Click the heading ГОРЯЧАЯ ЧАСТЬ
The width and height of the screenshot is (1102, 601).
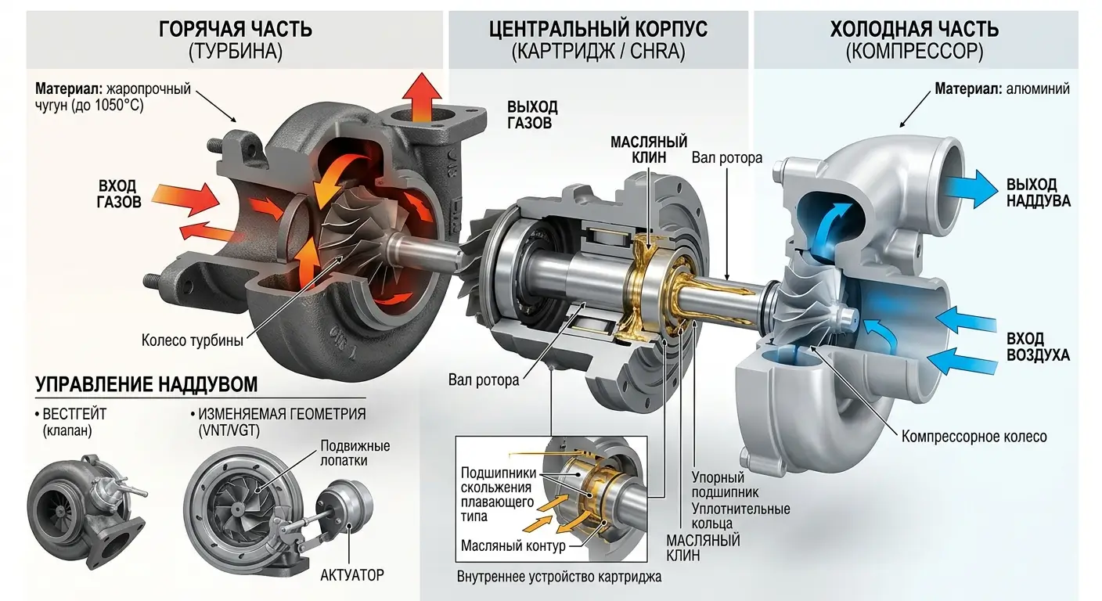point(235,30)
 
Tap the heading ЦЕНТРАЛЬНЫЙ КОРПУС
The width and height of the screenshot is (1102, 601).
point(598,30)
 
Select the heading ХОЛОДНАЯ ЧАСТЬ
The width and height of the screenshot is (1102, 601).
point(914,30)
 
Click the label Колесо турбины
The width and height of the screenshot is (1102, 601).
point(193,341)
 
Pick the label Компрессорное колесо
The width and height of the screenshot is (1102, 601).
point(974,436)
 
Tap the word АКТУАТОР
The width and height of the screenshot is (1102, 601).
point(352,575)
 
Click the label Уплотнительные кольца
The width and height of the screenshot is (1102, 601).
point(740,516)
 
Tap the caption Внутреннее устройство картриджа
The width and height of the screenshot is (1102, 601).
point(559,578)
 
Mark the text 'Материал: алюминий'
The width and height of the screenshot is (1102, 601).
point(1002,89)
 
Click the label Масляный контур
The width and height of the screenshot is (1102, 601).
point(513,545)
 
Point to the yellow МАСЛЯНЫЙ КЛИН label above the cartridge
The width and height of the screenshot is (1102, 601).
point(649,149)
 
